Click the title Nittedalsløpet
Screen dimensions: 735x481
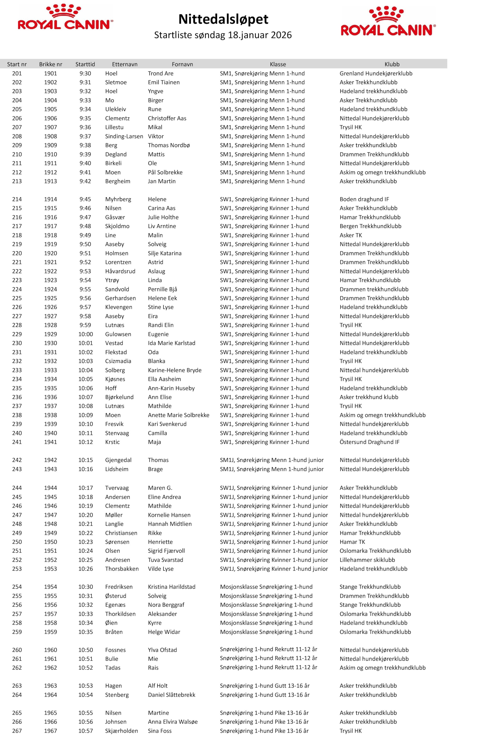[x=223, y=19]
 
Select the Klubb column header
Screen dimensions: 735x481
[x=392, y=64]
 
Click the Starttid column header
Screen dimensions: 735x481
[x=85, y=64]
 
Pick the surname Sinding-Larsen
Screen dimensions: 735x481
[x=124, y=136]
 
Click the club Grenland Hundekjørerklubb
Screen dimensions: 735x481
[x=376, y=73]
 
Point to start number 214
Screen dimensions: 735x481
[x=17, y=199]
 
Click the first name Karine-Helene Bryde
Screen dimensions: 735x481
[x=174, y=370]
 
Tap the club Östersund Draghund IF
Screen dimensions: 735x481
[x=369, y=442]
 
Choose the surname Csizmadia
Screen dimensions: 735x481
[x=118, y=361]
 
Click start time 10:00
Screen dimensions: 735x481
[x=85, y=334]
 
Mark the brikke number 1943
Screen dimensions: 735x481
[x=50, y=469]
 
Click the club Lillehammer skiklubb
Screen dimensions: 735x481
[x=367, y=560]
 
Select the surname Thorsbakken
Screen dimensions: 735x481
[x=122, y=569]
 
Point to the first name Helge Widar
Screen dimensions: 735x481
[x=164, y=632]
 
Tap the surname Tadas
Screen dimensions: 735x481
[x=112, y=668]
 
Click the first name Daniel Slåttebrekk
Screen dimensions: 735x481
[x=172, y=695]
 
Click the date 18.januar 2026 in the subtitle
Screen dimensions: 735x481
[x=259, y=35]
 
